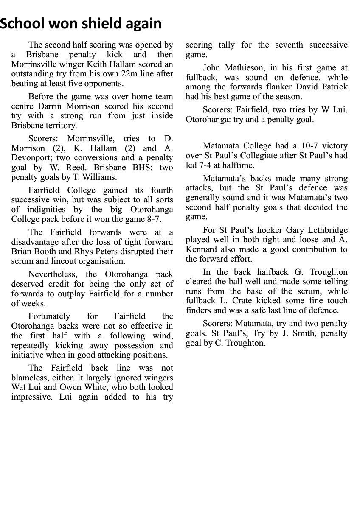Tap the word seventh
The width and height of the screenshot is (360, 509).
pos(289,45)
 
